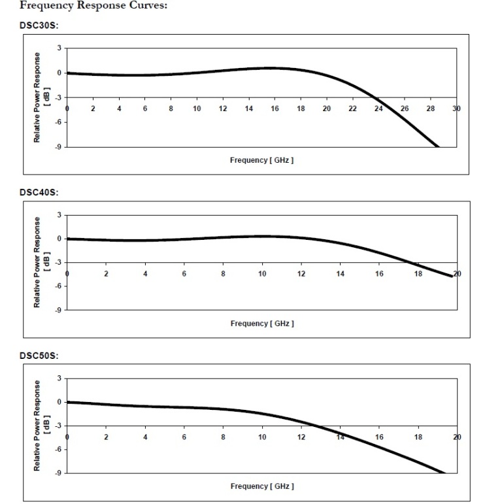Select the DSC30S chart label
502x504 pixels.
tap(37, 27)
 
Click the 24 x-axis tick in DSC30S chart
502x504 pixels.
tap(378, 109)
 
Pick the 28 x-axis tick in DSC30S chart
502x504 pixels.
tap(431, 109)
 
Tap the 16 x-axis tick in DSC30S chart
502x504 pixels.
tap(275, 109)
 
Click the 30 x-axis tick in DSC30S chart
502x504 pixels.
tap(457, 109)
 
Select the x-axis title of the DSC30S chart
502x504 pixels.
tap(261, 160)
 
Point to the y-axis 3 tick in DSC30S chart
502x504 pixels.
tap(59, 48)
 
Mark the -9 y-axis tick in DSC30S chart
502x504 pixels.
tap(58, 146)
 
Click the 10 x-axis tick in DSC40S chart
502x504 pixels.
tap(262, 274)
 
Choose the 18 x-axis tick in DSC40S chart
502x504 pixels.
tap(418, 274)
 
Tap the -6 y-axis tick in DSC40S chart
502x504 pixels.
tap(58, 286)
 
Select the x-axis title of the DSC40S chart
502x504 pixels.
tap(261, 324)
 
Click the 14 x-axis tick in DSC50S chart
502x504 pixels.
tap(340, 437)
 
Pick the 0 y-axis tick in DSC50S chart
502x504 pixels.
tap(59, 402)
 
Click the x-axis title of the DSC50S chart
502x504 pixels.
tap(261, 486)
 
